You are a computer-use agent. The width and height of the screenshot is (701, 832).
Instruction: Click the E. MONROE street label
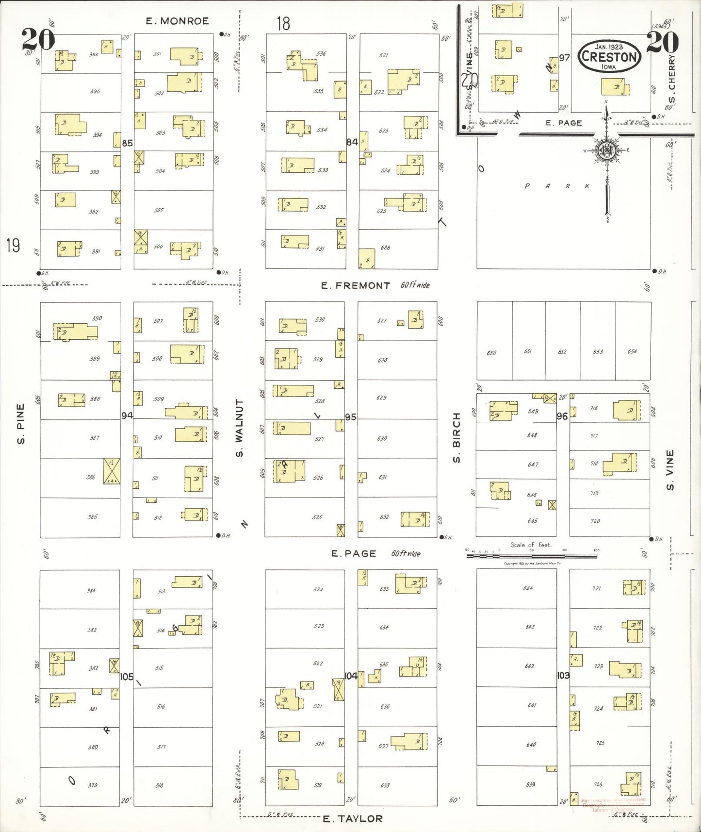tap(177, 21)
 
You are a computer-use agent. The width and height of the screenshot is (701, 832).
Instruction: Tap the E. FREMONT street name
tap(355, 285)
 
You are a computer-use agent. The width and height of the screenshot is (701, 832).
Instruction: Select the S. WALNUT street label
tap(239, 428)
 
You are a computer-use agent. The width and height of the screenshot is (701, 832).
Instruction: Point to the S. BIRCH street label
tap(456, 437)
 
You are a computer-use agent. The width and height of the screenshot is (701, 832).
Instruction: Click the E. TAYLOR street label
tap(353, 819)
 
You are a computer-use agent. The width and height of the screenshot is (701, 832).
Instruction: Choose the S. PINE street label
tap(20, 423)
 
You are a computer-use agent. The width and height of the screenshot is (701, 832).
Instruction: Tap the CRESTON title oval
tap(609, 57)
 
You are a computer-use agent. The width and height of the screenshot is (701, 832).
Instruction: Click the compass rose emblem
tap(606, 150)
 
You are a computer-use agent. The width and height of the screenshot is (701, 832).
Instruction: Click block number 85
tap(127, 143)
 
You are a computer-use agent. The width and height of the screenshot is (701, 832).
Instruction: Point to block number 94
tap(127, 416)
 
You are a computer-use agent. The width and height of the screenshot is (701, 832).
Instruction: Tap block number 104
tap(351, 676)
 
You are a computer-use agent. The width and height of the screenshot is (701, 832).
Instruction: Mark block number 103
tap(563, 675)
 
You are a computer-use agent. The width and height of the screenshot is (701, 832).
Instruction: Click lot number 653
tap(598, 351)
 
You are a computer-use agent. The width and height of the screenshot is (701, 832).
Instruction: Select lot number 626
tap(385, 248)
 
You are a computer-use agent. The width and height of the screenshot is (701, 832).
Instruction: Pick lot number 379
tap(93, 785)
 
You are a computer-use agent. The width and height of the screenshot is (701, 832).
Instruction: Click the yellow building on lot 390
tap(76, 331)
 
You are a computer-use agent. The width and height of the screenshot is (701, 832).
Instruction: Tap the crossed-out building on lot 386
tap(112, 471)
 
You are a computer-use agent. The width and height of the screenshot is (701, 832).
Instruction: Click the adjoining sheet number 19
tap(13, 246)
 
